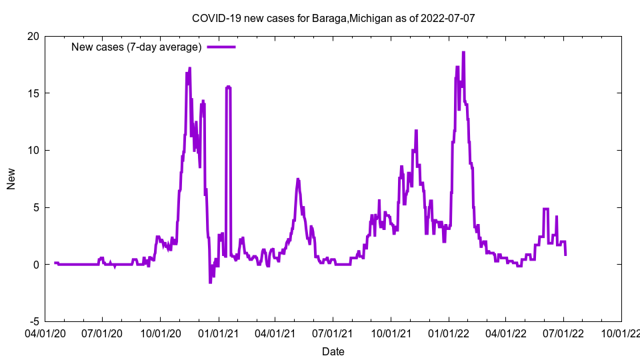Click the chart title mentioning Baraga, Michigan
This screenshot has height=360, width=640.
[333, 18]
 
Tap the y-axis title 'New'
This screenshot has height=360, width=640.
[11, 179]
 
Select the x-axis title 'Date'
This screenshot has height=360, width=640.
[333, 351]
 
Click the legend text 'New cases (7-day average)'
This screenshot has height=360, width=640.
[137, 47]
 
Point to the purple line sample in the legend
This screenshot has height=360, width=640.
[221, 47]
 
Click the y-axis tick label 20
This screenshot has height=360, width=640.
[33, 36]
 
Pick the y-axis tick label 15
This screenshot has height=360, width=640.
[33, 93]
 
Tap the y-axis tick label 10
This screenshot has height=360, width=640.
[33, 150]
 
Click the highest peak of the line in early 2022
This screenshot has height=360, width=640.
[463, 53]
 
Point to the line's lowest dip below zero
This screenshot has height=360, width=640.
[210, 282]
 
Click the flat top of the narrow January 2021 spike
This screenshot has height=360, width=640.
[228, 87]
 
